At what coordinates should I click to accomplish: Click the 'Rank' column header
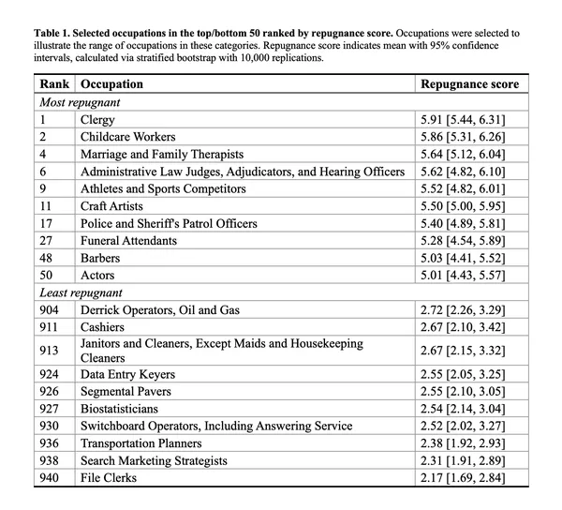pos(55,84)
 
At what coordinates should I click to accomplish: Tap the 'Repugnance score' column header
pos(469,84)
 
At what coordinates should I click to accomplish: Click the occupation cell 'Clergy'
pos(97,120)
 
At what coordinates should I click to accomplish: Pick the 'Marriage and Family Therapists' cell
pos(162,155)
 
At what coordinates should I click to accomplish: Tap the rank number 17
pos(48,223)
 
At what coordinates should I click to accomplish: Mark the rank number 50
pos(48,275)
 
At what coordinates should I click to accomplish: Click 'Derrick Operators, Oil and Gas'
pos(159,309)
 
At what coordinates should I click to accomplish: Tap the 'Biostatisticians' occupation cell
pos(119,409)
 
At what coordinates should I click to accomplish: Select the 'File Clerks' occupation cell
pos(108,478)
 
